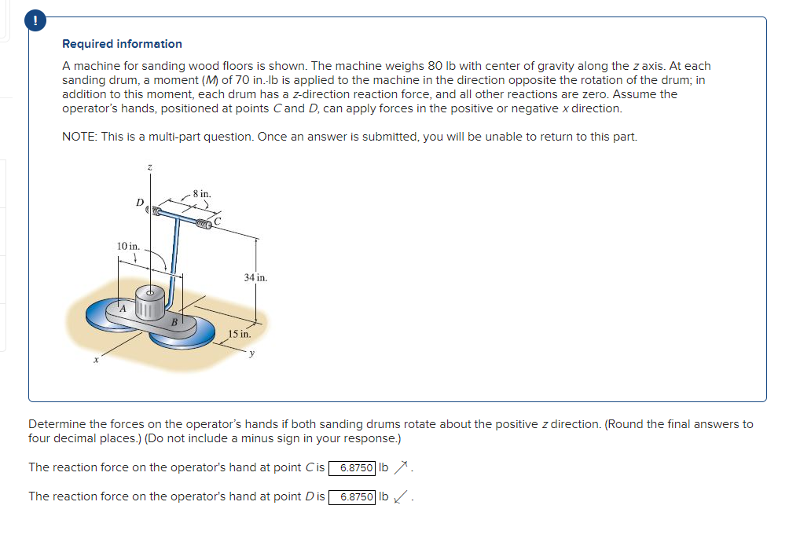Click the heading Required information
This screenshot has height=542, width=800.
pyautogui.click(x=122, y=44)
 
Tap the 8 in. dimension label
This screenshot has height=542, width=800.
pyautogui.click(x=201, y=193)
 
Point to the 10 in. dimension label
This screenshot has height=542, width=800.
pyautogui.click(x=129, y=247)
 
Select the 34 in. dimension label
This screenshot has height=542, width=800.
pyautogui.click(x=255, y=277)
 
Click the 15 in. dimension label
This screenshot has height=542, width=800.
pyautogui.click(x=240, y=334)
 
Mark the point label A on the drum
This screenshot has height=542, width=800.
pyautogui.click(x=123, y=309)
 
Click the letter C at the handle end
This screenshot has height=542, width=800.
pyautogui.click(x=218, y=222)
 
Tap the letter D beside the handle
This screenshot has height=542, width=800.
pyautogui.click(x=140, y=203)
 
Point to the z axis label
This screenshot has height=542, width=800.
pyautogui.click(x=150, y=167)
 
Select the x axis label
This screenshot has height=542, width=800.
pyautogui.click(x=96, y=361)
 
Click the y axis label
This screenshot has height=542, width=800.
pyautogui.click(x=252, y=353)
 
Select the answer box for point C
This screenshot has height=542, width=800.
pyautogui.click(x=351, y=468)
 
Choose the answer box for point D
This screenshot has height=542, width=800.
pyautogui.click(x=352, y=497)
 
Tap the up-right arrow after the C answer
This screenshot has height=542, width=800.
pyautogui.click(x=401, y=468)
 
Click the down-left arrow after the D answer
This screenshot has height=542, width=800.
pyautogui.click(x=401, y=497)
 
